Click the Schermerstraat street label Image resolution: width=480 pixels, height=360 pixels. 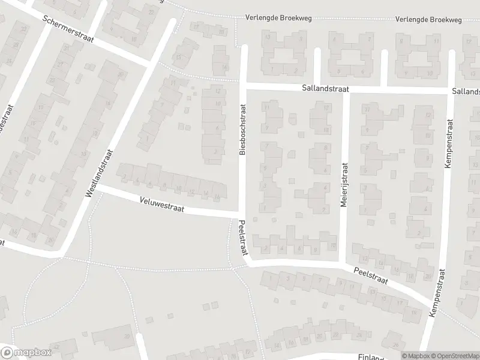[67, 31]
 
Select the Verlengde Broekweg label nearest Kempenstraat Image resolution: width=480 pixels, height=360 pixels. [428, 19]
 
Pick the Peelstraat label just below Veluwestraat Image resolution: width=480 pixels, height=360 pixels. [242, 238]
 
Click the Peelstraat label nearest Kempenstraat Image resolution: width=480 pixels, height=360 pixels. [370, 276]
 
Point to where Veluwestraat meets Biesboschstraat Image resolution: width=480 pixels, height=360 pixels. [242, 214]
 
